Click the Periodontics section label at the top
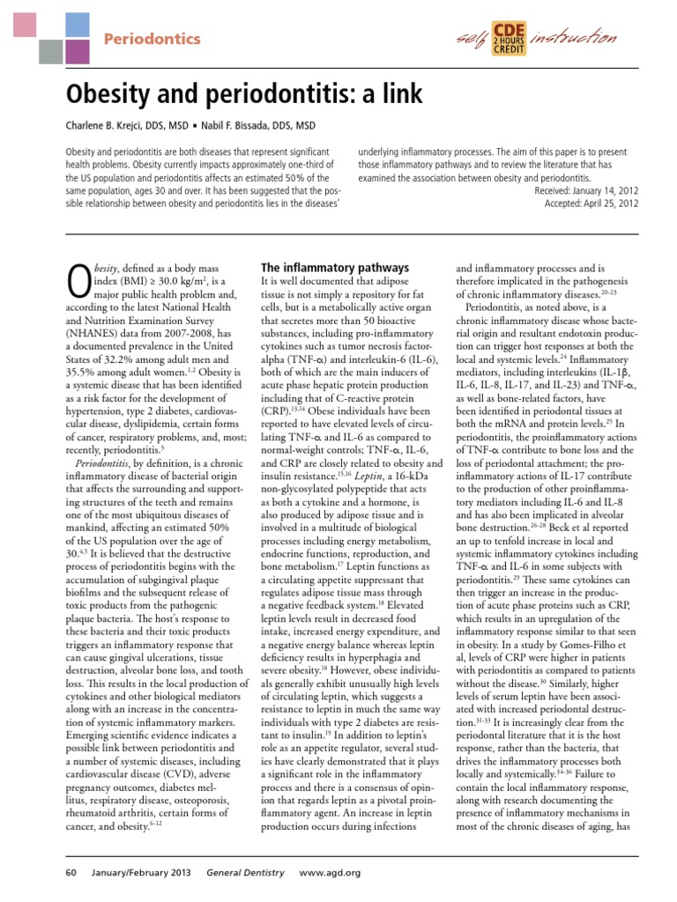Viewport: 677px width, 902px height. point(153,39)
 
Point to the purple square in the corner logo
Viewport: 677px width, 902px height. point(78,52)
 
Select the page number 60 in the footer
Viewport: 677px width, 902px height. point(71,873)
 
